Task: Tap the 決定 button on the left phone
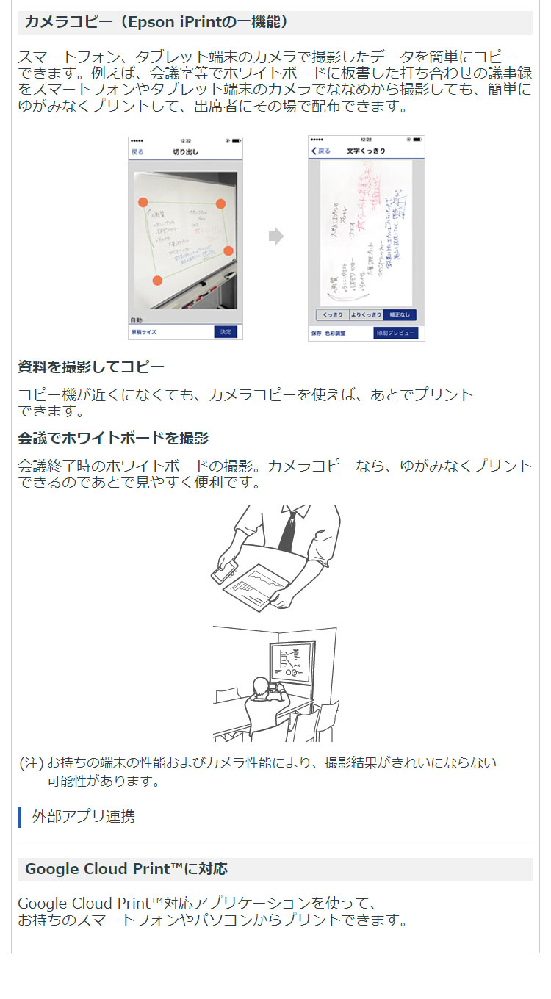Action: tap(226, 332)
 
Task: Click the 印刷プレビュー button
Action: tap(395, 333)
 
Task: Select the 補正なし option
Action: tap(400, 314)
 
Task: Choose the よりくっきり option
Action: tap(365, 314)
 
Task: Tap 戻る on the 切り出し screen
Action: tap(137, 152)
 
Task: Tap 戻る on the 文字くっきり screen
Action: tap(320, 151)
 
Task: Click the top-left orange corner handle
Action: tap(143, 202)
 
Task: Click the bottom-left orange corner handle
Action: tap(156, 280)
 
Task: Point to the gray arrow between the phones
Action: tap(275, 237)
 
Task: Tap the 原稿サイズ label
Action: tap(143, 332)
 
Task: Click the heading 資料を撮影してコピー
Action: tap(91, 367)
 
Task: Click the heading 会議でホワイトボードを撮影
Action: tap(113, 439)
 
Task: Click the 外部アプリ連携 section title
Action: tap(83, 816)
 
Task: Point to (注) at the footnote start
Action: tap(32, 763)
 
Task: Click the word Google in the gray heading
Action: tap(51, 869)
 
